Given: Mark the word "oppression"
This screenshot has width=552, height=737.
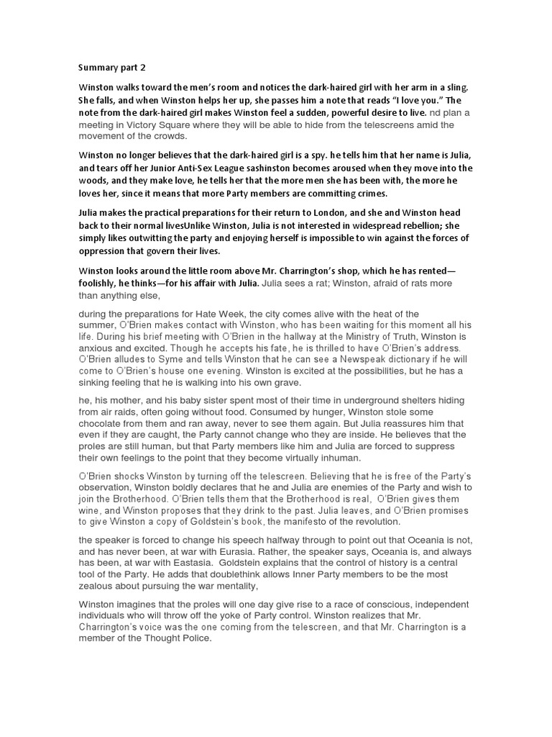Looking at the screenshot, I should pyautogui.click(x=103, y=250).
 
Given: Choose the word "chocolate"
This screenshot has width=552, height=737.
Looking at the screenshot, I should pyautogui.click(x=103, y=425).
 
